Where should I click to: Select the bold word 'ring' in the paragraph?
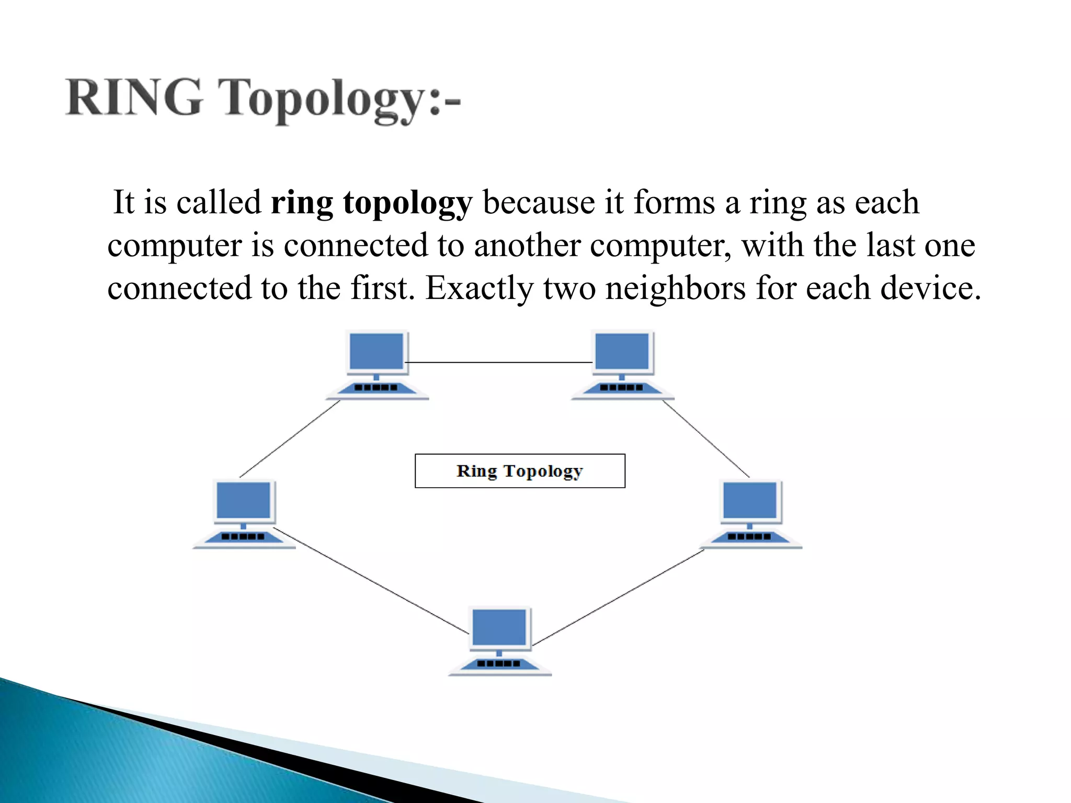(x=302, y=203)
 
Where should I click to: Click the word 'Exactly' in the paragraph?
(x=479, y=289)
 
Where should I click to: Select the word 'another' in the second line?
(x=527, y=245)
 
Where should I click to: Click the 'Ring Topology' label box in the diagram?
(x=520, y=471)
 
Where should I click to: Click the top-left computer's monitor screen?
(x=377, y=352)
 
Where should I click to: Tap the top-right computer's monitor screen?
(x=622, y=352)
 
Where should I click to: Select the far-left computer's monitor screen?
(x=243, y=500)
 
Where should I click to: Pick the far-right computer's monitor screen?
(x=749, y=500)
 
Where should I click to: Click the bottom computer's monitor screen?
(x=499, y=627)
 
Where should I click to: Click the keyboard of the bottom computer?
(x=499, y=664)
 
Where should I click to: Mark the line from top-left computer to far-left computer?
(x=290, y=439)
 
